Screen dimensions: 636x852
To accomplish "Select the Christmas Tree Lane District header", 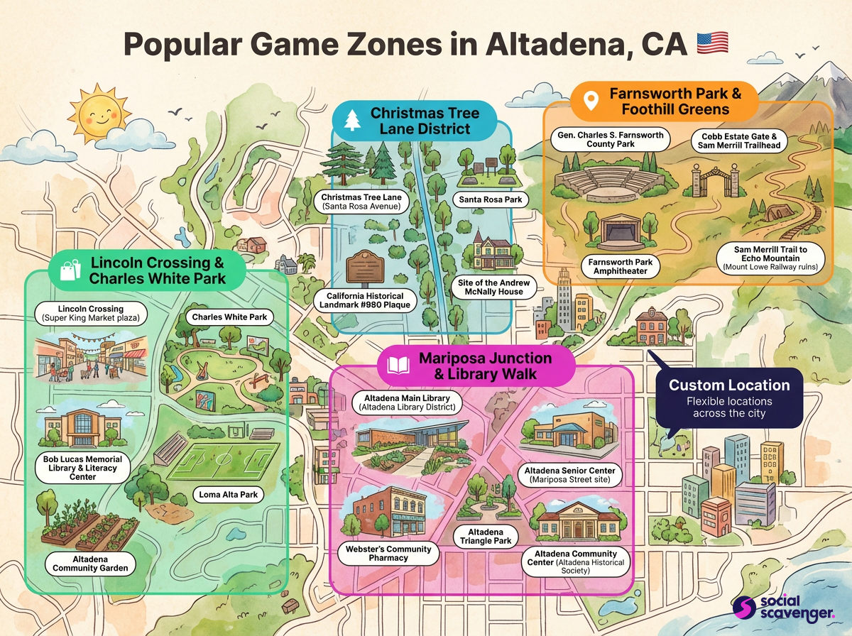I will coord(424,121).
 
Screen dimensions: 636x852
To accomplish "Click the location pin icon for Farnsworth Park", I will coord(589,101).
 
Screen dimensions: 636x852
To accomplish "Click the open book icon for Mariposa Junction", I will coord(398,366).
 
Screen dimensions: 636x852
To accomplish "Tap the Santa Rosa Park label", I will coord(490,199).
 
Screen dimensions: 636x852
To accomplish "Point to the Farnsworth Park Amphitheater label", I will coord(621,267).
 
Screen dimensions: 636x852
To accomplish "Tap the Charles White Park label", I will coord(229,317).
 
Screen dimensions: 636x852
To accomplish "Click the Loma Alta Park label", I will coord(228,494).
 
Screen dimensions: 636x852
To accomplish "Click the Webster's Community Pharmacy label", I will coord(388,554).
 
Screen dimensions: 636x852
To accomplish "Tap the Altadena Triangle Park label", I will coord(486,537).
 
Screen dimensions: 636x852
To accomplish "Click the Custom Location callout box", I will coord(728,397).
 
